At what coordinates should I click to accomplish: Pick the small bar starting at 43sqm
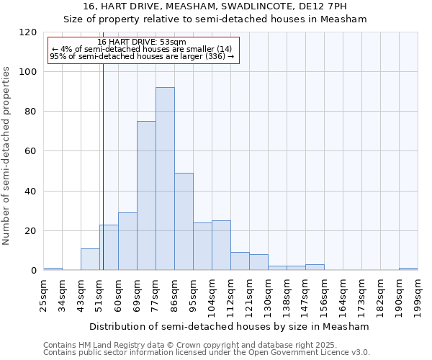(90, 260)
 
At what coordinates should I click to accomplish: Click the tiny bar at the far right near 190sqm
(408, 269)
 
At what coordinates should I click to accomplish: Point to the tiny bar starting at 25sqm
(53, 269)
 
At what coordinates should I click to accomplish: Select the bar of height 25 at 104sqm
(221, 246)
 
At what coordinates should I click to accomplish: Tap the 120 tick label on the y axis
(28, 32)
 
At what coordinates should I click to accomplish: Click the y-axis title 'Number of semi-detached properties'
(6, 151)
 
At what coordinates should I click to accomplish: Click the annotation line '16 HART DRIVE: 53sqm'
(141, 42)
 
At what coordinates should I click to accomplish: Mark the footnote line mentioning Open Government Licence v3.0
(207, 353)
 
